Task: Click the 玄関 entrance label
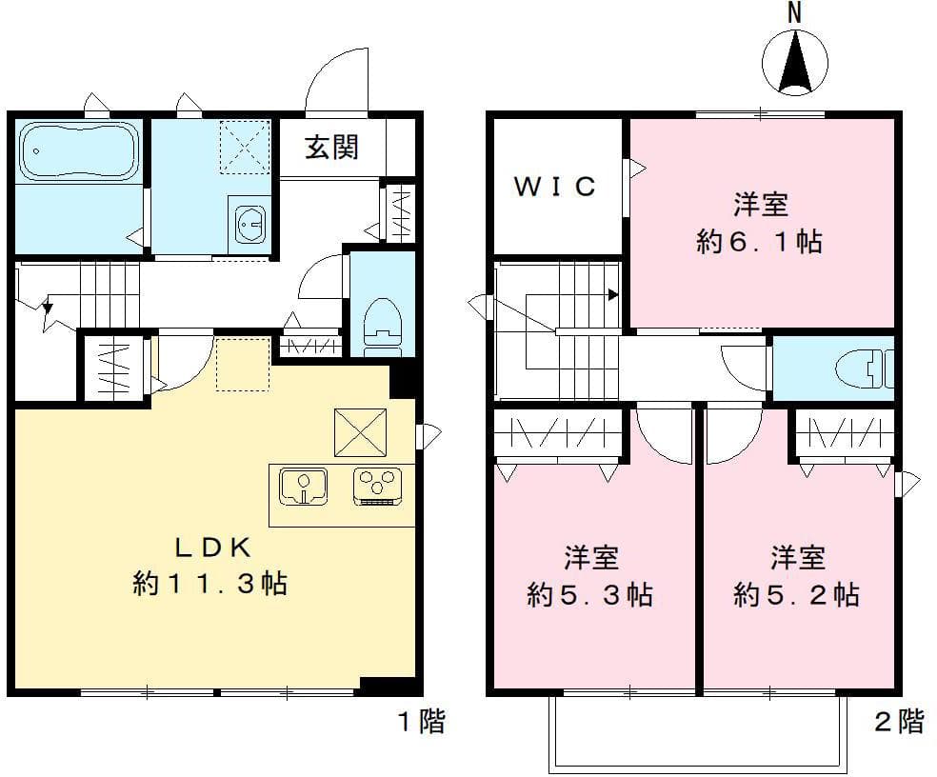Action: pyautogui.click(x=331, y=148)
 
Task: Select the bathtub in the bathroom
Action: pyautogui.click(x=79, y=150)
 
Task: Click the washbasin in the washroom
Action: pyautogui.click(x=249, y=225)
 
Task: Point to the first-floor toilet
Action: pyautogui.click(x=383, y=323)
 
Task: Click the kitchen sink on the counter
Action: pyautogui.click(x=304, y=486)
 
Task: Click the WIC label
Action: pyautogui.click(x=555, y=187)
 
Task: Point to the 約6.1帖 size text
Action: pyautogui.click(x=759, y=243)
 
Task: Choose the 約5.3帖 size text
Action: pyautogui.click(x=590, y=596)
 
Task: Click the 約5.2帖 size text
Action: pyautogui.click(x=797, y=596)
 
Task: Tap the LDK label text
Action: pyautogui.click(x=210, y=548)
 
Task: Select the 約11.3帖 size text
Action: pyautogui.click(x=210, y=584)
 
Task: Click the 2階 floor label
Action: pyautogui.click(x=898, y=722)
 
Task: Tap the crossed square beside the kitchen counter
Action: pyautogui.click(x=360, y=432)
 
